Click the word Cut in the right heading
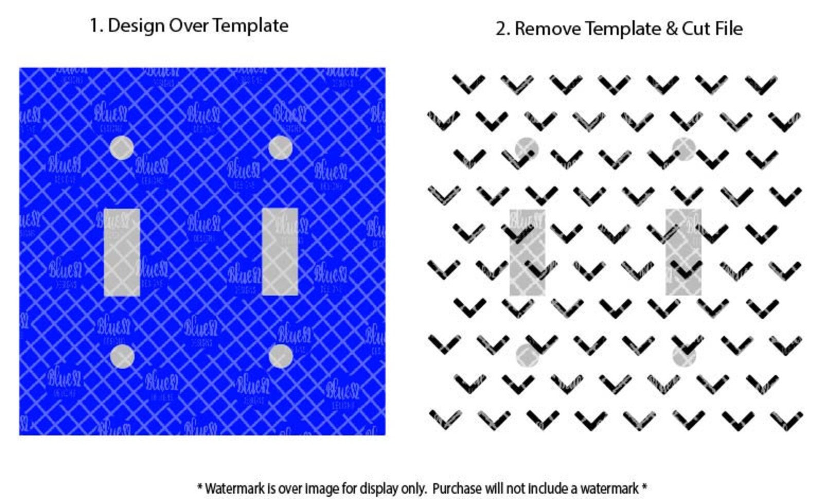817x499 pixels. [696, 29]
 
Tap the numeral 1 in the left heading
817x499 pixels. [94, 26]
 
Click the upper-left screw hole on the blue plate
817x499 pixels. [122, 148]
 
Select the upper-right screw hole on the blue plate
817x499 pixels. [280, 148]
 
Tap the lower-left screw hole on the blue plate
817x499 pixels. [122, 357]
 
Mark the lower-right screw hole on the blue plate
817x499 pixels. [280, 357]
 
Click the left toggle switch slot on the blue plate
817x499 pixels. [122, 252]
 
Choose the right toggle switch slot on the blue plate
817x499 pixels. [280, 252]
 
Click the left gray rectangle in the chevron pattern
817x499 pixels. [527, 252]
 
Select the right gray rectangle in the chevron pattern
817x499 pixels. [683, 252]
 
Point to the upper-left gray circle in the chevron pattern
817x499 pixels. [527, 149]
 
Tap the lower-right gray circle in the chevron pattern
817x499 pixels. [684, 355]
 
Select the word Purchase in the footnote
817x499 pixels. [456, 488]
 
